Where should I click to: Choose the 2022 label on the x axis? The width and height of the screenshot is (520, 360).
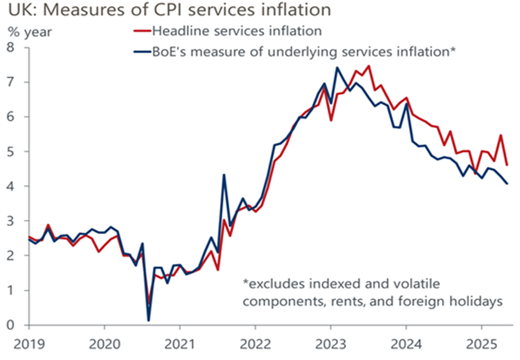point(254,343)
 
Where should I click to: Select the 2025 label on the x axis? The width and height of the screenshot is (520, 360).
point(481,343)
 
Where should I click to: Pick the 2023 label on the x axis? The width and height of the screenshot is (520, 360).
point(330,343)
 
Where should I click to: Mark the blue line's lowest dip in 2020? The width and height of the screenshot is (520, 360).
point(148,321)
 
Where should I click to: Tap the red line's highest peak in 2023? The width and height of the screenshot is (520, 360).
point(368,66)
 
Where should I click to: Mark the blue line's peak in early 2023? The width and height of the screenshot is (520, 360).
point(337,67)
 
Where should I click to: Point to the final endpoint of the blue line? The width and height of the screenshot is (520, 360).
point(507,183)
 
